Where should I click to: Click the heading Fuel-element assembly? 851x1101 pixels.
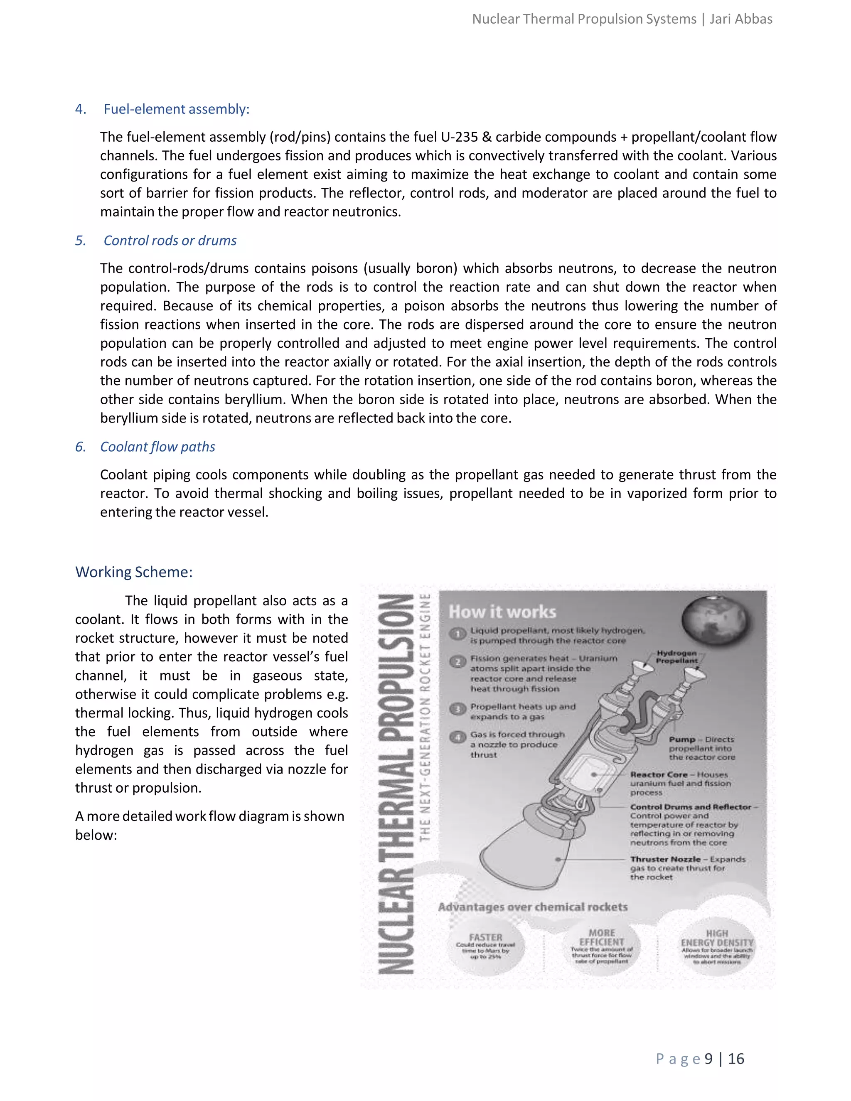pyautogui.click(x=177, y=109)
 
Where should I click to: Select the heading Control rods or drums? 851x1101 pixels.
pyautogui.click(x=170, y=241)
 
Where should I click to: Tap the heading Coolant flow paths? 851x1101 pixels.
pyautogui.click(x=157, y=447)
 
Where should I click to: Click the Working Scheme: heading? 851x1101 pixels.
pyautogui.click(x=134, y=572)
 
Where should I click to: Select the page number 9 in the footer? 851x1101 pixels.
pyautogui.click(x=708, y=1059)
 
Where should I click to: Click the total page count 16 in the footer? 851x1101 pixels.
pyautogui.click(x=736, y=1059)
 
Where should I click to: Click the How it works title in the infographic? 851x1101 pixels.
pyautogui.click(x=502, y=612)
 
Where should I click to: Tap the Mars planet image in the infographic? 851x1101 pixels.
pyautogui.click(x=715, y=619)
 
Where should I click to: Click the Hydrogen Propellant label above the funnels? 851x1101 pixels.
pyautogui.click(x=676, y=656)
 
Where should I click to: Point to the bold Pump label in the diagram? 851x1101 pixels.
pyautogui.click(x=682, y=739)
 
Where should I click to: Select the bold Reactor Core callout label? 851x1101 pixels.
pyautogui.click(x=659, y=774)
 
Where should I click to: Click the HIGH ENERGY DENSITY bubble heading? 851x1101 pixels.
pyautogui.click(x=716, y=938)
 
